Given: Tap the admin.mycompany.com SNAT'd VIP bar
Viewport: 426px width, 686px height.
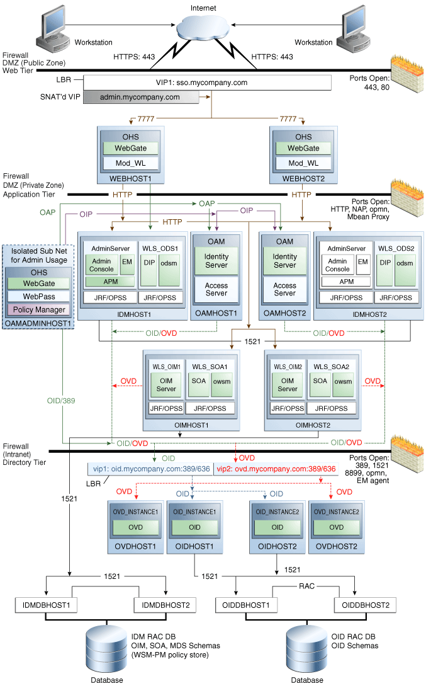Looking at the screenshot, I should (x=140, y=97).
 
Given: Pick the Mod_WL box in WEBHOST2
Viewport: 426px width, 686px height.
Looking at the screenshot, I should (x=304, y=163).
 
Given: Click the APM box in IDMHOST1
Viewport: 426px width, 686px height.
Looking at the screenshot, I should (x=110, y=282).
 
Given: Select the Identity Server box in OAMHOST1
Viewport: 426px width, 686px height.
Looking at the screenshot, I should (x=216, y=261).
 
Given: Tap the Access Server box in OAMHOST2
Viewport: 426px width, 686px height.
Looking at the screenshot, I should (x=284, y=289).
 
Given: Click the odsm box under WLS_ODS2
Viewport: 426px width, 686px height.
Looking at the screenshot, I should (x=405, y=264).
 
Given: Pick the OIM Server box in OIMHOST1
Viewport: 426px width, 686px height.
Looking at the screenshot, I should (x=166, y=384).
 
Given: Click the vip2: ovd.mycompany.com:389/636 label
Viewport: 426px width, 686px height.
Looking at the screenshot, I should (x=276, y=469).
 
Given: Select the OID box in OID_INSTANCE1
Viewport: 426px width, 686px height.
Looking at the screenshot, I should (x=194, y=527).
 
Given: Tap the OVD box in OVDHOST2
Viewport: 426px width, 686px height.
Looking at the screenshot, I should (x=336, y=527).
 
